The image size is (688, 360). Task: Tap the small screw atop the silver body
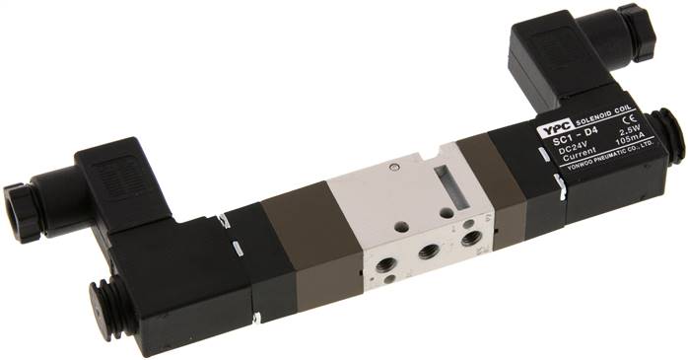click(x=394, y=168)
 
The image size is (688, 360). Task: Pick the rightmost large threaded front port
click(x=470, y=237)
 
